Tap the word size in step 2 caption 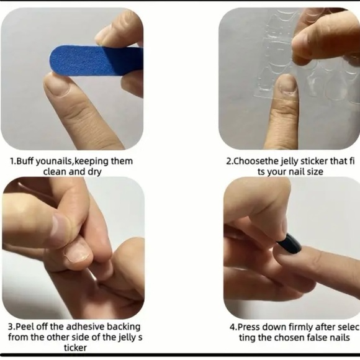tap(313, 171)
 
